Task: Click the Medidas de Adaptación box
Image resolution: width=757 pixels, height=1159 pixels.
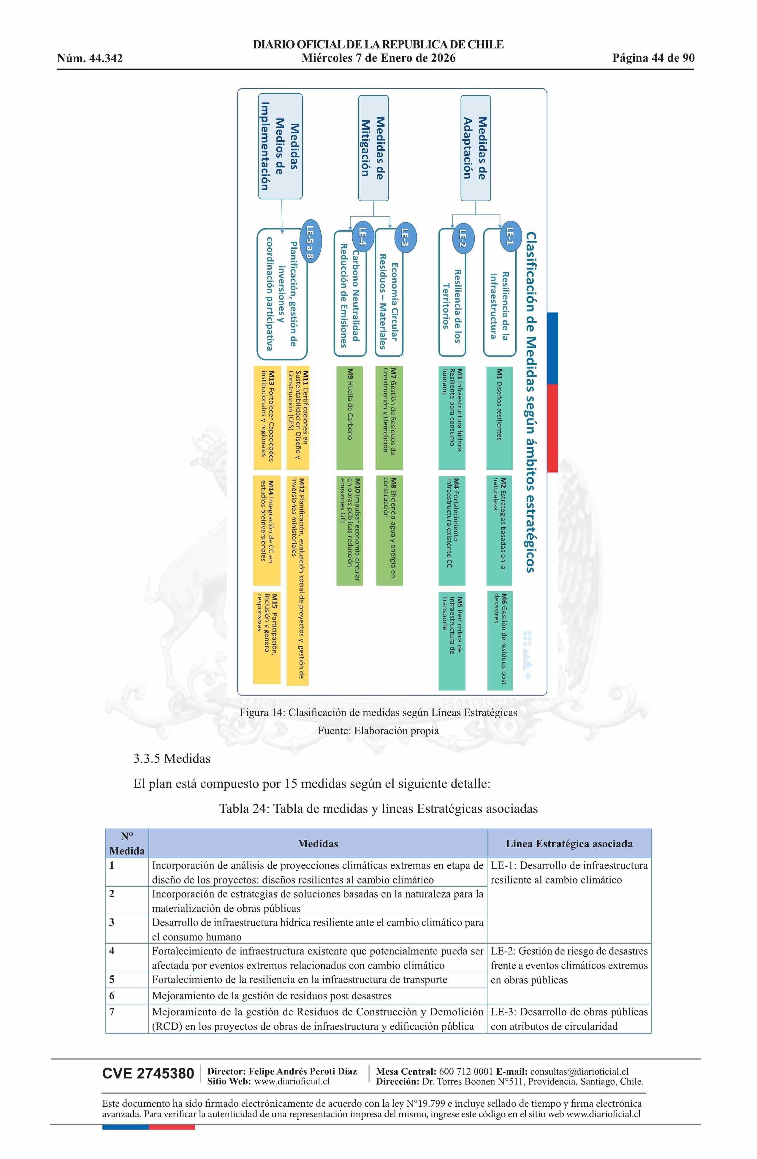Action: tap(475, 148)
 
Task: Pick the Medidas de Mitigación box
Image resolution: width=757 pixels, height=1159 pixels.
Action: tap(373, 148)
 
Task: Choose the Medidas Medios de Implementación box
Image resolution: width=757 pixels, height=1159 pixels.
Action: tap(280, 146)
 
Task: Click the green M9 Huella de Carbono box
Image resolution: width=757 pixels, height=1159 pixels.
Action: tap(349, 418)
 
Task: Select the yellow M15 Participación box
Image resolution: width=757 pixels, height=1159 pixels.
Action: tap(267, 637)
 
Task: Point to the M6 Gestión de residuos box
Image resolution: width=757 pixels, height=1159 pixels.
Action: tap(500, 640)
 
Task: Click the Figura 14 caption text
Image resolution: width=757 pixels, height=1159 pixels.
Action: tap(378, 712)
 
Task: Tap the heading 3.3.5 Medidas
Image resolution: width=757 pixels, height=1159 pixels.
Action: tap(172, 758)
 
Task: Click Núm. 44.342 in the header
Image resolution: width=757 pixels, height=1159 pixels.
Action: tap(90, 59)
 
